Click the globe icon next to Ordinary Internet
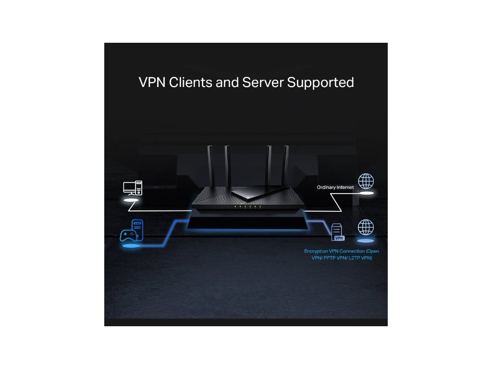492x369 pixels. (366, 181)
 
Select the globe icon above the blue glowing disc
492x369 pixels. (366, 227)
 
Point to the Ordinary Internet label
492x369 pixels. (335, 187)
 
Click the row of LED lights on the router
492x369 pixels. (247, 206)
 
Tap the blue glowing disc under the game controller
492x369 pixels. (131, 246)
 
